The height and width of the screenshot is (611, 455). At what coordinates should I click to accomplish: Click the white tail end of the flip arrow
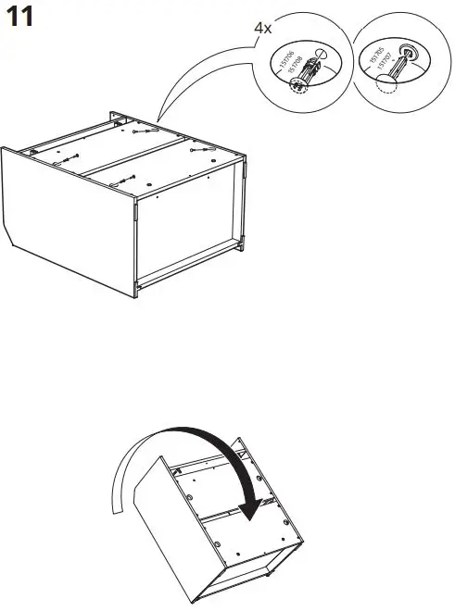[x=116, y=505]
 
